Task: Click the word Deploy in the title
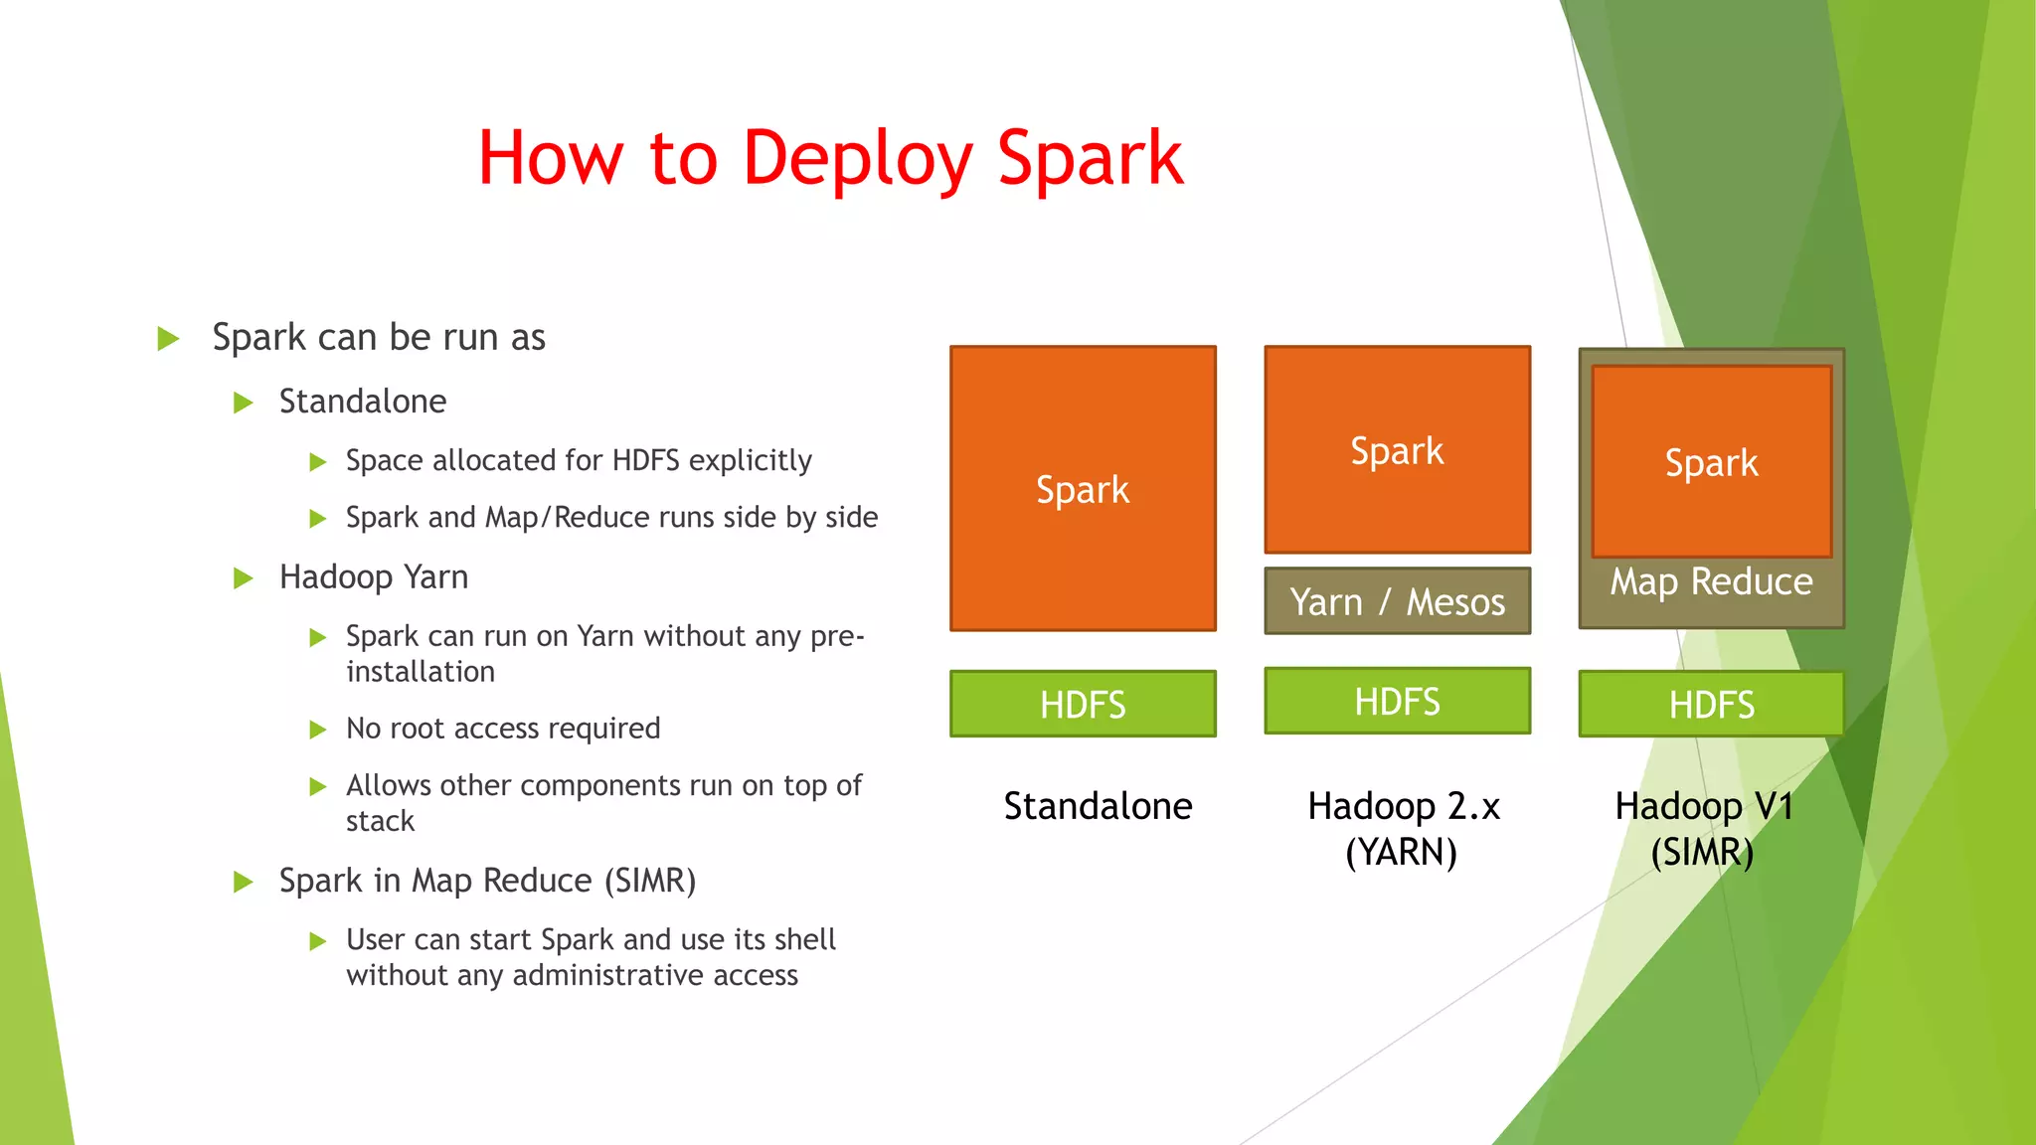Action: click(x=857, y=159)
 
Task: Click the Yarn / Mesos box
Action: click(x=1397, y=601)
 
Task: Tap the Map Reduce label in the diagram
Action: click(x=1711, y=582)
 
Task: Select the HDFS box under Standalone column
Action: click(x=1083, y=704)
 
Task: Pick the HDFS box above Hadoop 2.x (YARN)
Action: click(x=1397, y=701)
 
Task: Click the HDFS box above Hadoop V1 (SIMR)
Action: click(x=1711, y=704)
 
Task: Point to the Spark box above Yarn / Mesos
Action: click(x=1397, y=450)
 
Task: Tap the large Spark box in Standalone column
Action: click(x=1083, y=489)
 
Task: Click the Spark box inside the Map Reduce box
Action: click(x=1711, y=462)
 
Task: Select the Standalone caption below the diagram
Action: click(x=1098, y=806)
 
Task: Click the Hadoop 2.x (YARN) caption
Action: click(x=1403, y=829)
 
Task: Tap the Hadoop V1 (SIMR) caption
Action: click(x=1703, y=829)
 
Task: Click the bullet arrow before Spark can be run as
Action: click(x=168, y=339)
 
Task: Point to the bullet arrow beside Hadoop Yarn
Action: click(x=243, y=578)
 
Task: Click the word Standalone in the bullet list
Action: click(x=363, y=402)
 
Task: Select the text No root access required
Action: click(x=503, y=729)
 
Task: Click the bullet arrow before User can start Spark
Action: click(x=317, y=941)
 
